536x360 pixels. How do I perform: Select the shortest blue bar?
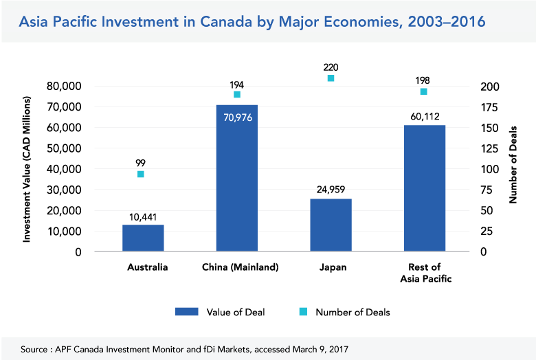[x=143, y=238]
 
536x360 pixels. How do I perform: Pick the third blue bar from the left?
[x=331, y=225]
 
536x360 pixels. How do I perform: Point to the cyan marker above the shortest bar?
[x=141, y=174]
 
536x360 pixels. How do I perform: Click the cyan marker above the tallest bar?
[x=237, y=94]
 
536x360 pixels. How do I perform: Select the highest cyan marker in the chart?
[x=331, y=78]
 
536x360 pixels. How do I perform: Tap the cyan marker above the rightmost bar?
[x=424, y=91]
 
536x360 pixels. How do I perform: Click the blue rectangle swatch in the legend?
[x=187, y=311]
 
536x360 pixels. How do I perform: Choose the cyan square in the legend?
[x=303, y=311]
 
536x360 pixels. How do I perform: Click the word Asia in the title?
[x=34, y=23]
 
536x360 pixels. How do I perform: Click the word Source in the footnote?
[x=34, y=350]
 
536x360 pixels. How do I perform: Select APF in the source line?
[x=65, y=350]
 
